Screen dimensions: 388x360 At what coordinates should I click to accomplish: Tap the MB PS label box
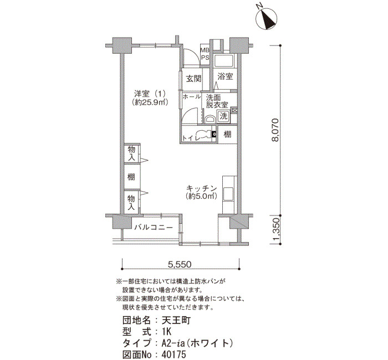[205, 54]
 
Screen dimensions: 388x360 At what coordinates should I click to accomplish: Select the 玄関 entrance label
[194, 79]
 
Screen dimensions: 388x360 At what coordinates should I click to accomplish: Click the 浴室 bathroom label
[225, 76]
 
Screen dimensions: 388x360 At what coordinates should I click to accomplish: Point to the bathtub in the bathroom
[223, 60]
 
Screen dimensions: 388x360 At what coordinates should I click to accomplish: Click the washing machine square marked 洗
[223, 116]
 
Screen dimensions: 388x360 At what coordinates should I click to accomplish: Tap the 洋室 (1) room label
[150, 94]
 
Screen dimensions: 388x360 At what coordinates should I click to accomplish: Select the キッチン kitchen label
[201, 188]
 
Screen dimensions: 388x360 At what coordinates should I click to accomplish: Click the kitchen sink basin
[228, 194]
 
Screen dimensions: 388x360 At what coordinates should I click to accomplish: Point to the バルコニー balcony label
[154, 227]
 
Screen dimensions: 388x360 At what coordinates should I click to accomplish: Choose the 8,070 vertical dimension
[275, 130]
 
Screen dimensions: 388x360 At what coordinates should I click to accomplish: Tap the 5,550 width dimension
[180, 265]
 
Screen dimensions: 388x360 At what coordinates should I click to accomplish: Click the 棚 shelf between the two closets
[131, 177]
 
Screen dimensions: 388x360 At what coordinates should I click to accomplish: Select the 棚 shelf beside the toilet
[227, 134]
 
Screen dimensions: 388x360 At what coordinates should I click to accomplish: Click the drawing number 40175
[173, 354]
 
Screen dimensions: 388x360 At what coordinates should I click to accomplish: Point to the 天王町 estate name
[176, 321]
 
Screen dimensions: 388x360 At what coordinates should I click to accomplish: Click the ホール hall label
[192, 97]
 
